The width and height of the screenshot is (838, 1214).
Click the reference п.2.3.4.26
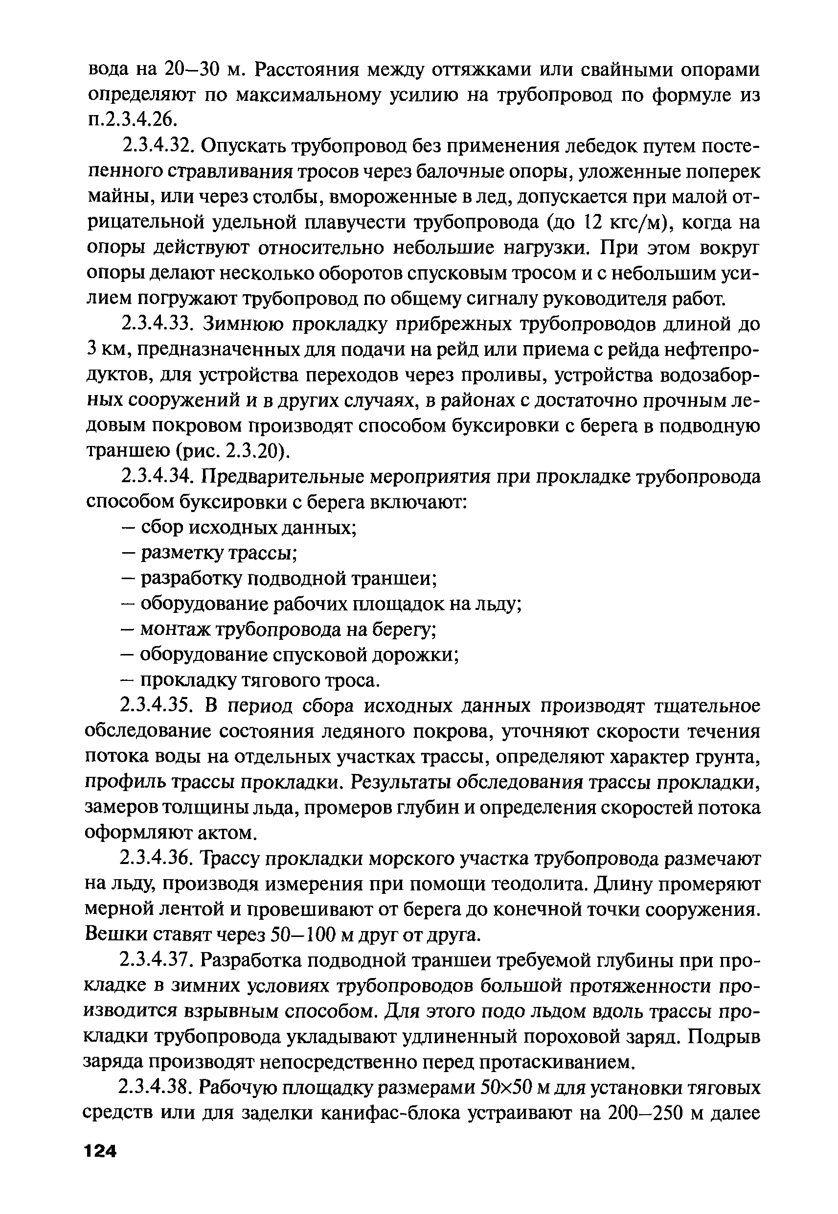point(130,120)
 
